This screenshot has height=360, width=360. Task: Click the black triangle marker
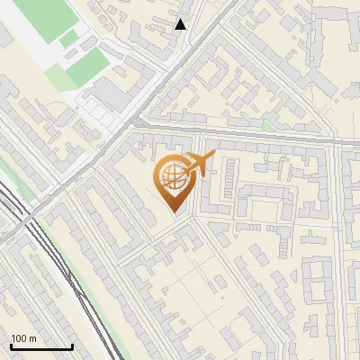181,24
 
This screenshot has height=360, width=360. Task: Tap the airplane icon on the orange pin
197,165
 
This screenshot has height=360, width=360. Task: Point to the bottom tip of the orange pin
174,213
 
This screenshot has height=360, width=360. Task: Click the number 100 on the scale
18,338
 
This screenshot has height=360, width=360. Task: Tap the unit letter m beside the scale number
32,338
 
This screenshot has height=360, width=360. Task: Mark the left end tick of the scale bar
10,346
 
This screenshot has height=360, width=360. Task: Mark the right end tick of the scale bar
72,346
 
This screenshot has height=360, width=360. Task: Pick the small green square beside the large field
68,38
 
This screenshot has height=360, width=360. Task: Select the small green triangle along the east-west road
270,127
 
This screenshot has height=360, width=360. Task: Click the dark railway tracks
54,261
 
